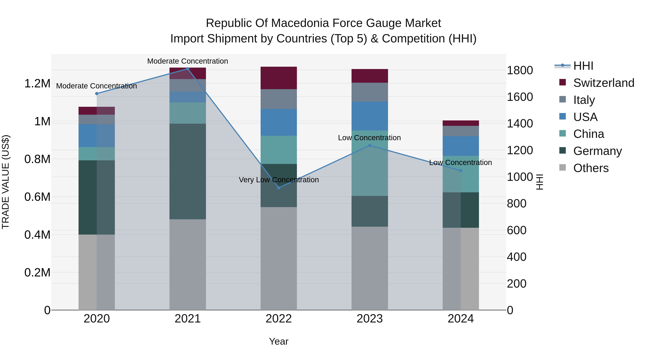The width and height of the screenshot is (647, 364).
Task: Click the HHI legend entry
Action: pyautogui.click(x=583, y=66)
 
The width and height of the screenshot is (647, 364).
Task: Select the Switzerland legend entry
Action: pyautogui.click(x=604, y=83)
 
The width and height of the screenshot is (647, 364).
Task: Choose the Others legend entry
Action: pyautogui.click(x=591, y=168)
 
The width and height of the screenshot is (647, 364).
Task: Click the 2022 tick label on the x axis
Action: pyautogui.click(x=279, y=319)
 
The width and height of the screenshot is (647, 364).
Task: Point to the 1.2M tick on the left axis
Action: pyautogui.click(x=37, y=83)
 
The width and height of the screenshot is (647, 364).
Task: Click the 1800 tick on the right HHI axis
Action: pyautogui.click(x=520, y=70)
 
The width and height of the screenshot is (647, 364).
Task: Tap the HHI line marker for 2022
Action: pyautogui.click(x=279, y=188)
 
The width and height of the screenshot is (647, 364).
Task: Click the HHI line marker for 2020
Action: pyautogui.click(x=97, y=93)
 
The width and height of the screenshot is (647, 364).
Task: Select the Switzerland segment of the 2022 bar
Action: pyautogui.click(x=279, y=78)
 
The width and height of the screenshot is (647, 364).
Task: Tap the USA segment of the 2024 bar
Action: pyautogui.click(x=461, y=146)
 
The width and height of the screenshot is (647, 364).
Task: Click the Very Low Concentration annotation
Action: pyautogui.click(x=279, y=180)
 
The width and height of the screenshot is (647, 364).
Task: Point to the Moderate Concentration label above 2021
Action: pyautogui.click(x=188, y=61)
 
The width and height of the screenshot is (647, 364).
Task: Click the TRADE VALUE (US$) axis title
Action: pyautogui.click(x=6, y=182)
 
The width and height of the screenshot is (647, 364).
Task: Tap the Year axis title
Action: pyautogui.click(x=279, y=341)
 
